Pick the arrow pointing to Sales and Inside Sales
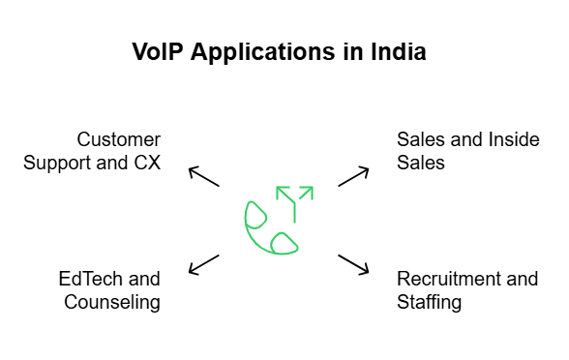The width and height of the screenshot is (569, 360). pos(354,176)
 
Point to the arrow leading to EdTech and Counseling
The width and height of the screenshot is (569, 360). pos(203,263)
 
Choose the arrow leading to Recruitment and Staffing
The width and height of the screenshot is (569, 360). pos(354,263)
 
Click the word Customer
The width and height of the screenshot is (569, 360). pos(119,138)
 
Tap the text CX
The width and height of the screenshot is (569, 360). pos(146,162)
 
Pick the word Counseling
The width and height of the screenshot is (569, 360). pos(112,302)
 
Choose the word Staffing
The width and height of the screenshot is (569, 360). pos(429,302)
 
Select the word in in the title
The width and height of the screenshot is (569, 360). pos(349,52)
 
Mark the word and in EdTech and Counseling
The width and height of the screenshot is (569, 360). pos(144,279)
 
